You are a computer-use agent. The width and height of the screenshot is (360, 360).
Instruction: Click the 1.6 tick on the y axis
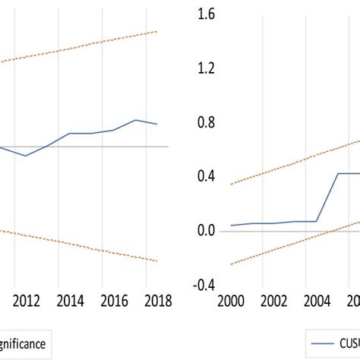click(x=206, y=14)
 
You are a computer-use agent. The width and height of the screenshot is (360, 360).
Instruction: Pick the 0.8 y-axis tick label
click(x=206, y=122)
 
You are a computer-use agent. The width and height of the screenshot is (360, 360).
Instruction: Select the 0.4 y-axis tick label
click(x=206, y=176)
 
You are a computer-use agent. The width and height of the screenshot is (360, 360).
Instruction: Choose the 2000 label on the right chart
click(x=231, y=300)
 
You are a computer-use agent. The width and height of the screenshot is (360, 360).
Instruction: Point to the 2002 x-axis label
click(x=274, y=300)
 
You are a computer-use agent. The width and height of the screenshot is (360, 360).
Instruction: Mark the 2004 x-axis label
click(x=317, y=300)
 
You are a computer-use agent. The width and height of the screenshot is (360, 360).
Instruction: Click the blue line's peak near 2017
click(x=135, y=120)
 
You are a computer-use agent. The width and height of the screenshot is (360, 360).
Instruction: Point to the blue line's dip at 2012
click(x=26, y=156)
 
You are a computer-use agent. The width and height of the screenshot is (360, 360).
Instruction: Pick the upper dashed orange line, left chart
click(x=76, y=47)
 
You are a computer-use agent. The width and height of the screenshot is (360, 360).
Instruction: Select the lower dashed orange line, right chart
click(x=273, y=243)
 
